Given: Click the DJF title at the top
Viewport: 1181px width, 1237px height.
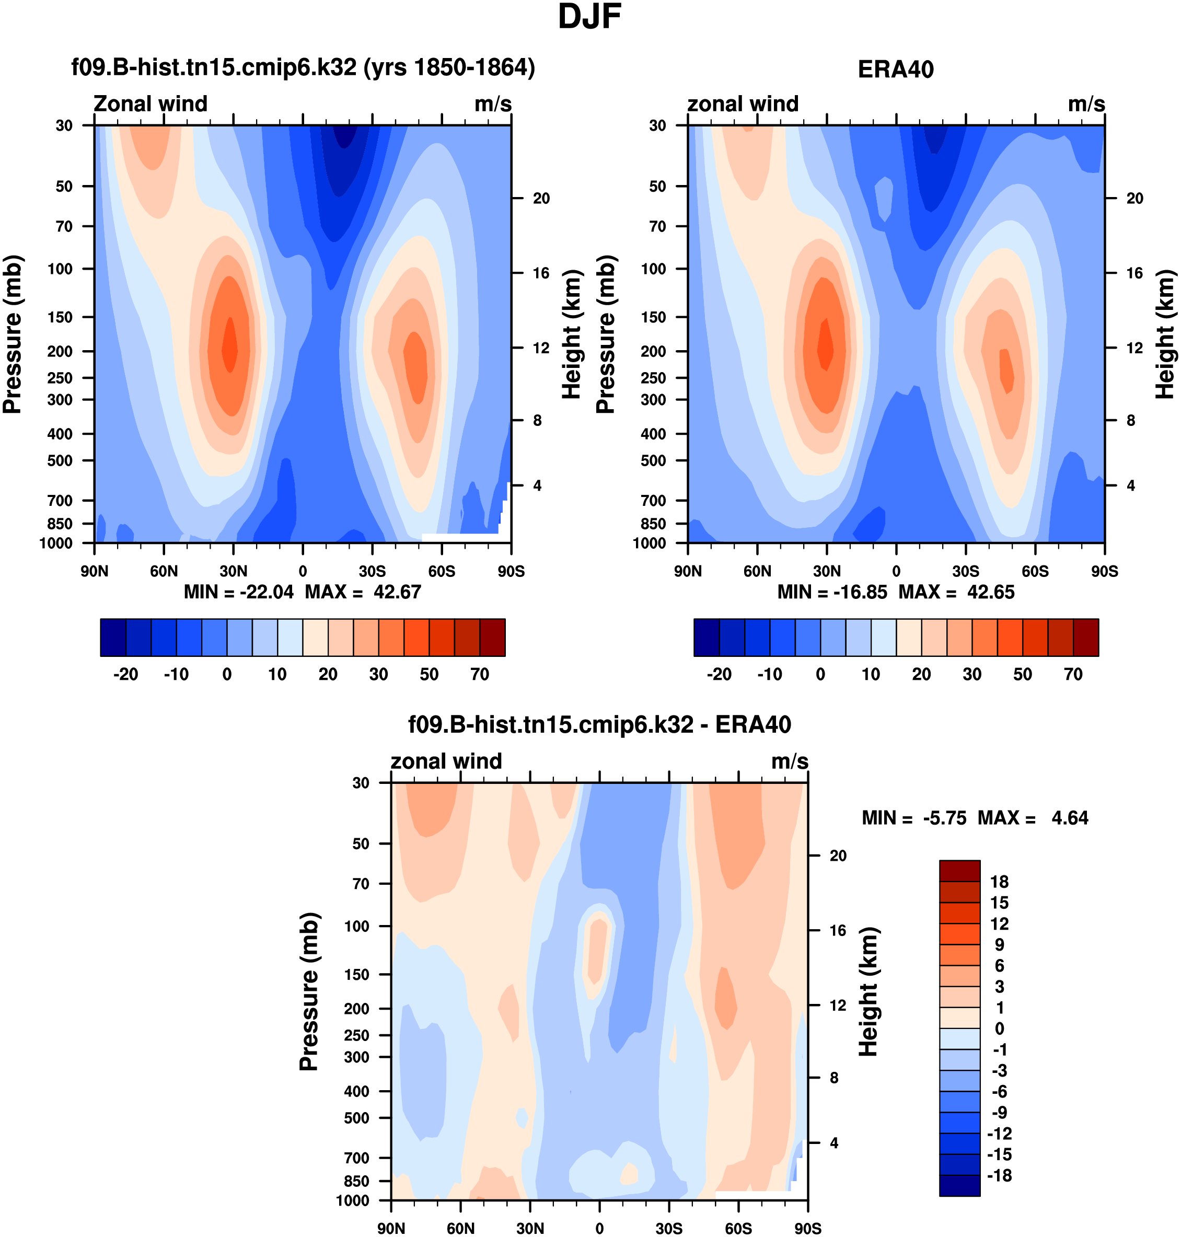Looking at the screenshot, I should tap(589, 17).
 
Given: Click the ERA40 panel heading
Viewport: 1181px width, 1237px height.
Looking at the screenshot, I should tap(895, 70).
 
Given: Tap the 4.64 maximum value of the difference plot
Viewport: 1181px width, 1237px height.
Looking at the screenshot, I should tap(1070, 818).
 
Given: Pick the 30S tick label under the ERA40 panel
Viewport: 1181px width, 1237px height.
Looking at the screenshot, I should tap(965, 572).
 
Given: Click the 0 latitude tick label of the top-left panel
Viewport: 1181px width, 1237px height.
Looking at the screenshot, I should tap(303, 572).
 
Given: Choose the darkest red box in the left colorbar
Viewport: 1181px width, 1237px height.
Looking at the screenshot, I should tap(492, 638).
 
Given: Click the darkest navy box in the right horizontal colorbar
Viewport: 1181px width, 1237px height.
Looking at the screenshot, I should tap(707, 638).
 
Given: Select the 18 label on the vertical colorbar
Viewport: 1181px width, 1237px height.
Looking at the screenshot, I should tap(999, 882).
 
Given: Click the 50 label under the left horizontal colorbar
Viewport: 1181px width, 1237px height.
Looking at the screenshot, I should tap(429, 675).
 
